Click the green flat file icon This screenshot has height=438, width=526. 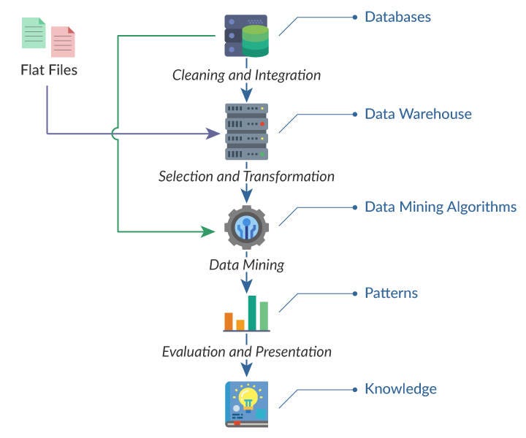tap(33, 34)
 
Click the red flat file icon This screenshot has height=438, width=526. tap(63, 42)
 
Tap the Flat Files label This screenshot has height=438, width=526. tap(48, 71)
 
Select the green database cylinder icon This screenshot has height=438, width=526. tap(256, 39)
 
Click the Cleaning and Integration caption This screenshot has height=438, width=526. tap(246, 74)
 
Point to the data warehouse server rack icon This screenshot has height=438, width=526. tap(246, 132)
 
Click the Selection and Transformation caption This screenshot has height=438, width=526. tap(246, 177)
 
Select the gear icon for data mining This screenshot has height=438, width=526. tap(246, 228)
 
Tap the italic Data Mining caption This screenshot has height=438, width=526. tap(246, 264)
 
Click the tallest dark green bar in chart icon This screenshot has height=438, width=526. tap(252, 313)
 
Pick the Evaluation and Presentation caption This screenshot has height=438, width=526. tap(246, 352)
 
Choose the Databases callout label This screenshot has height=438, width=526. tap(397, 16)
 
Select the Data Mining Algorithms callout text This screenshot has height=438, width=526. tap(441, 207)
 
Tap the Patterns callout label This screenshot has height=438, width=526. tap(391, 293)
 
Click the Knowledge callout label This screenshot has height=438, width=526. tap(400, 388)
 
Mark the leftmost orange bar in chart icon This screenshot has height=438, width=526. tap(229, 321)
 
